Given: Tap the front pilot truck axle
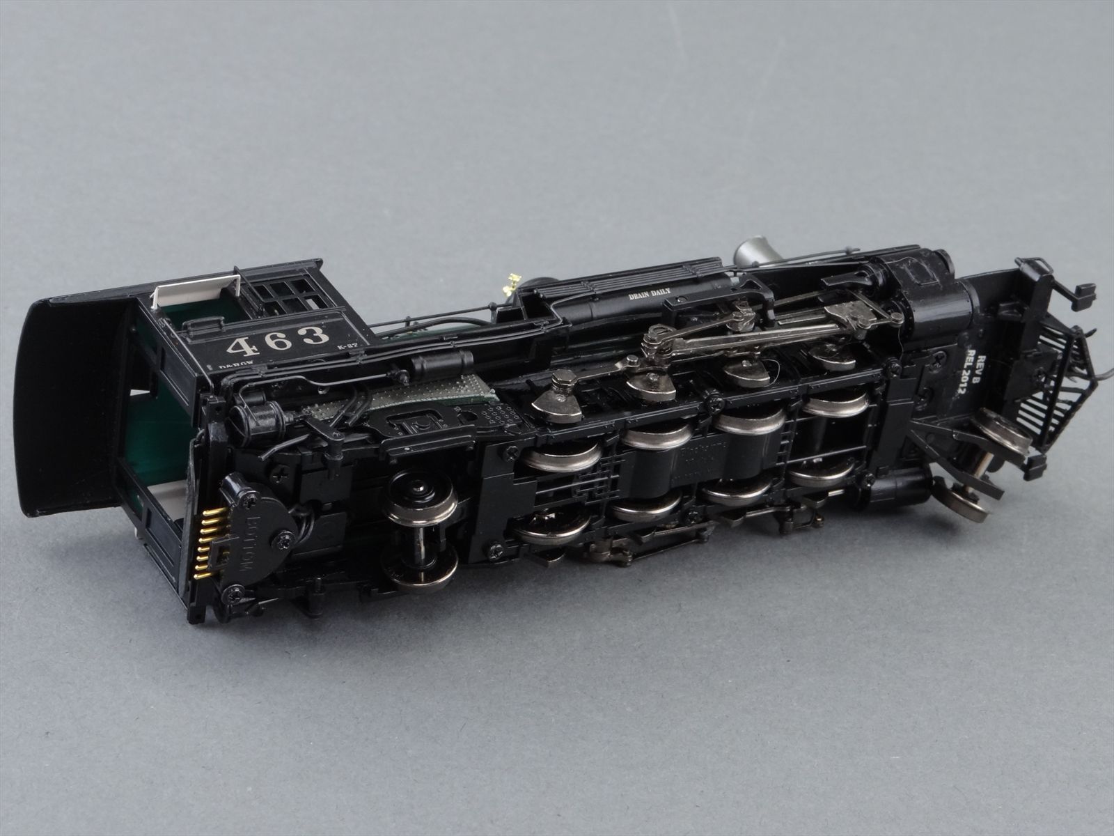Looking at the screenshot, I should click(x=988, y=469).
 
